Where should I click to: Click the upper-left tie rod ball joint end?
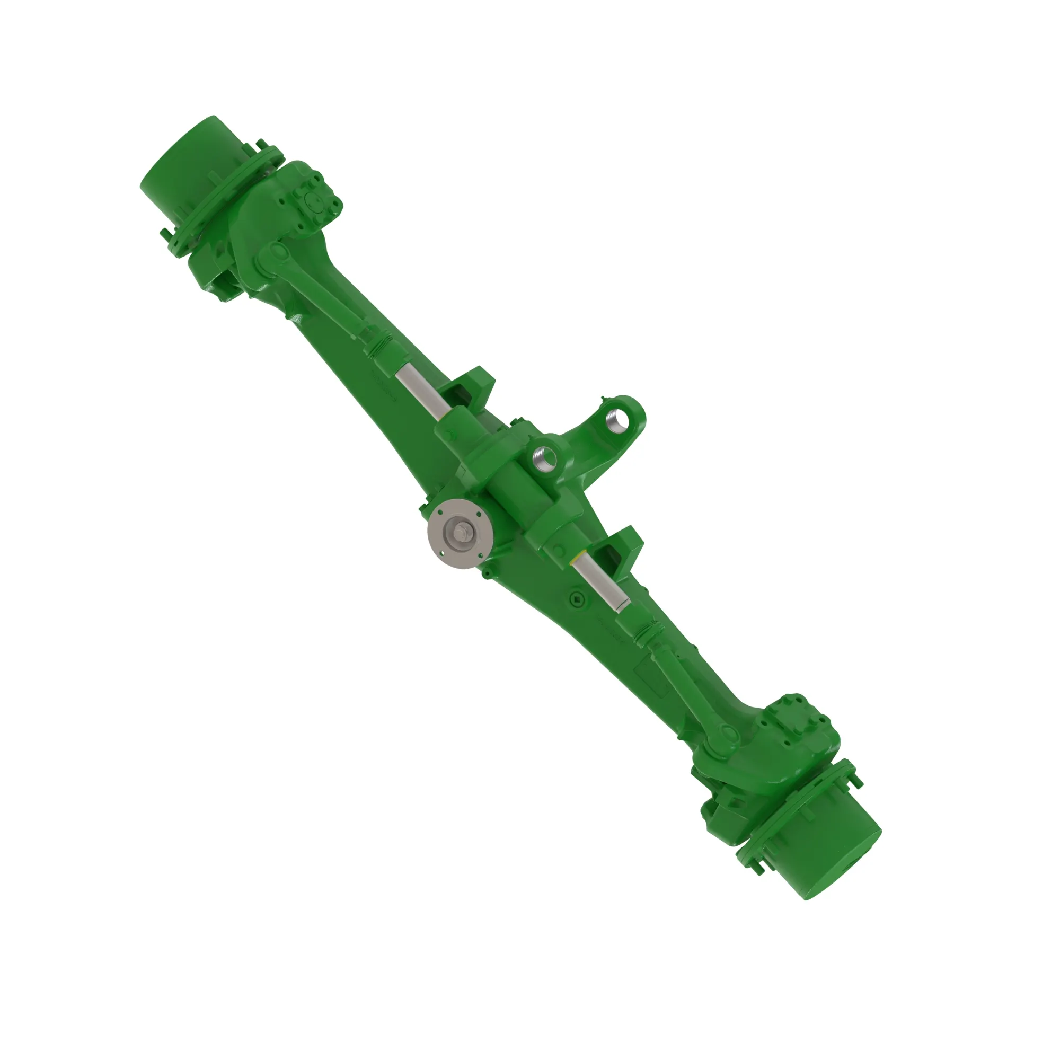pos(278,253)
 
